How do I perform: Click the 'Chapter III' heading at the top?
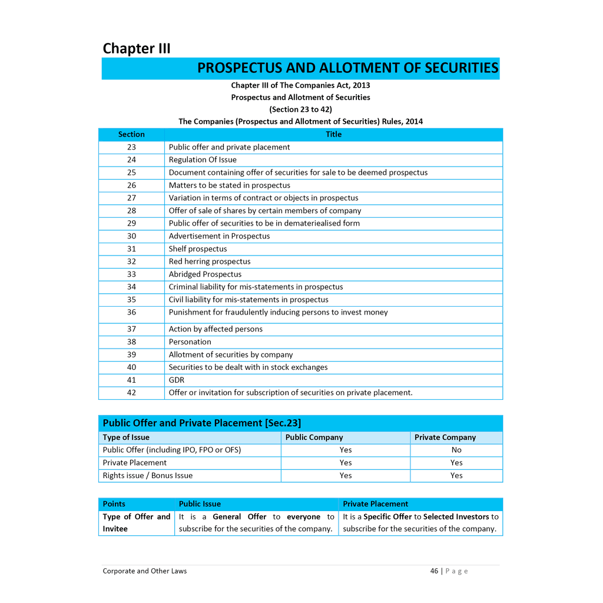pyautogui.click(x=137, y=48)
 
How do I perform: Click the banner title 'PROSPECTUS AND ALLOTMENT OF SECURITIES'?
pyautogui.click(x=347, y=68)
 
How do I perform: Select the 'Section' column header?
pyautogui.click(x=131, y=134)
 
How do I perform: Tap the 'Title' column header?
pyautogui.click(x=333, y=134)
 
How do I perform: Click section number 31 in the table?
pyautogui.click(x=131, y=249)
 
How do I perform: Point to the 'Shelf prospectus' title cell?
pyautogui.click(x=198, y=249)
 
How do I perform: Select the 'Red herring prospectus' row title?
pyautogui.click(x=210, y=261)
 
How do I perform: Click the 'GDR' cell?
pyautogui.click(x=177, y=380)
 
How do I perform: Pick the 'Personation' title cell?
pyautogui.click(x=190, y=342)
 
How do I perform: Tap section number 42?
pyautogui.click(x=131, y=392)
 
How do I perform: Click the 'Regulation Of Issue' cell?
pyautogui.click(x=203, y=160)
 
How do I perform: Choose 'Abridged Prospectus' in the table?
pyautogui.click(x=205, y=274)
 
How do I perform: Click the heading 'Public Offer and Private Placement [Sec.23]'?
pyautogui.click(x=202, y=423)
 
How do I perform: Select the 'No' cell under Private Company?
pyautogui.click(x=456, y=450)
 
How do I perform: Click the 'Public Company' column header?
pyautogui.click(x=314, y=437)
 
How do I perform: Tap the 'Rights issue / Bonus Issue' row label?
pyautogui.click(x=148, y=475)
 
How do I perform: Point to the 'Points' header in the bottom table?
pyautogui.click(x=114, y=503)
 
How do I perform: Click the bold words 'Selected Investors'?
pyautogui.click(x=456, y=516)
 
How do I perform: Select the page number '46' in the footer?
pyautogui.click(x=434, y=571)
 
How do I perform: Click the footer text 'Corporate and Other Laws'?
pyautogui.click(x=145, y=571)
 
